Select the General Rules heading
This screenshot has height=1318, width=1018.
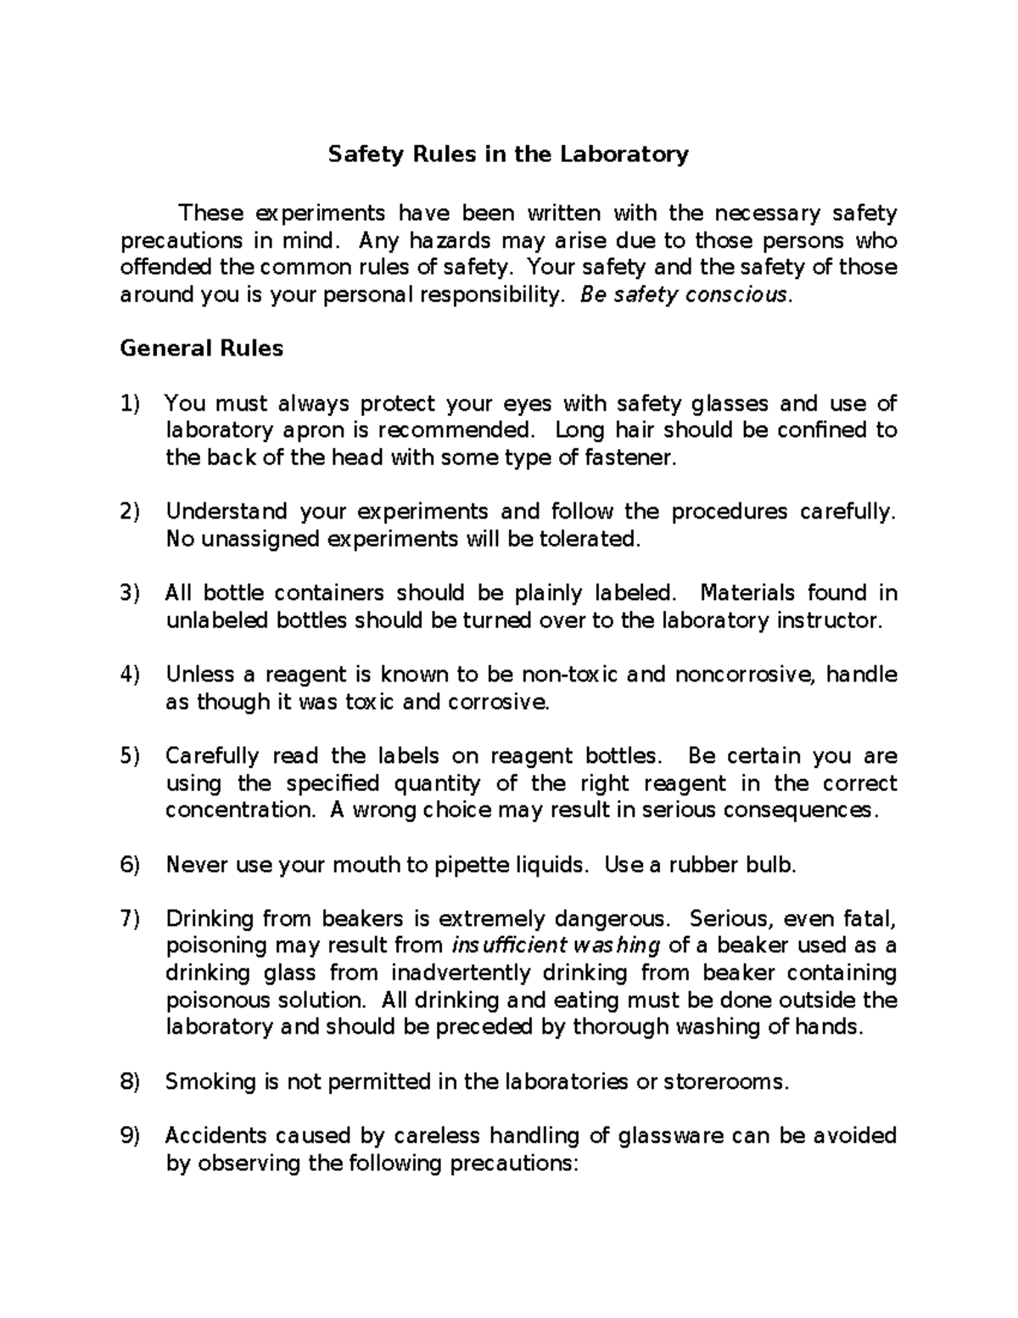pos(202,348)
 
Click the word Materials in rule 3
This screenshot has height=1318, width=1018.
pos(748,593)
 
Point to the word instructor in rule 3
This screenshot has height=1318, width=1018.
pos(830,620)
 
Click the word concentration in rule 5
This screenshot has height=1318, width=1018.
pos(239,810)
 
